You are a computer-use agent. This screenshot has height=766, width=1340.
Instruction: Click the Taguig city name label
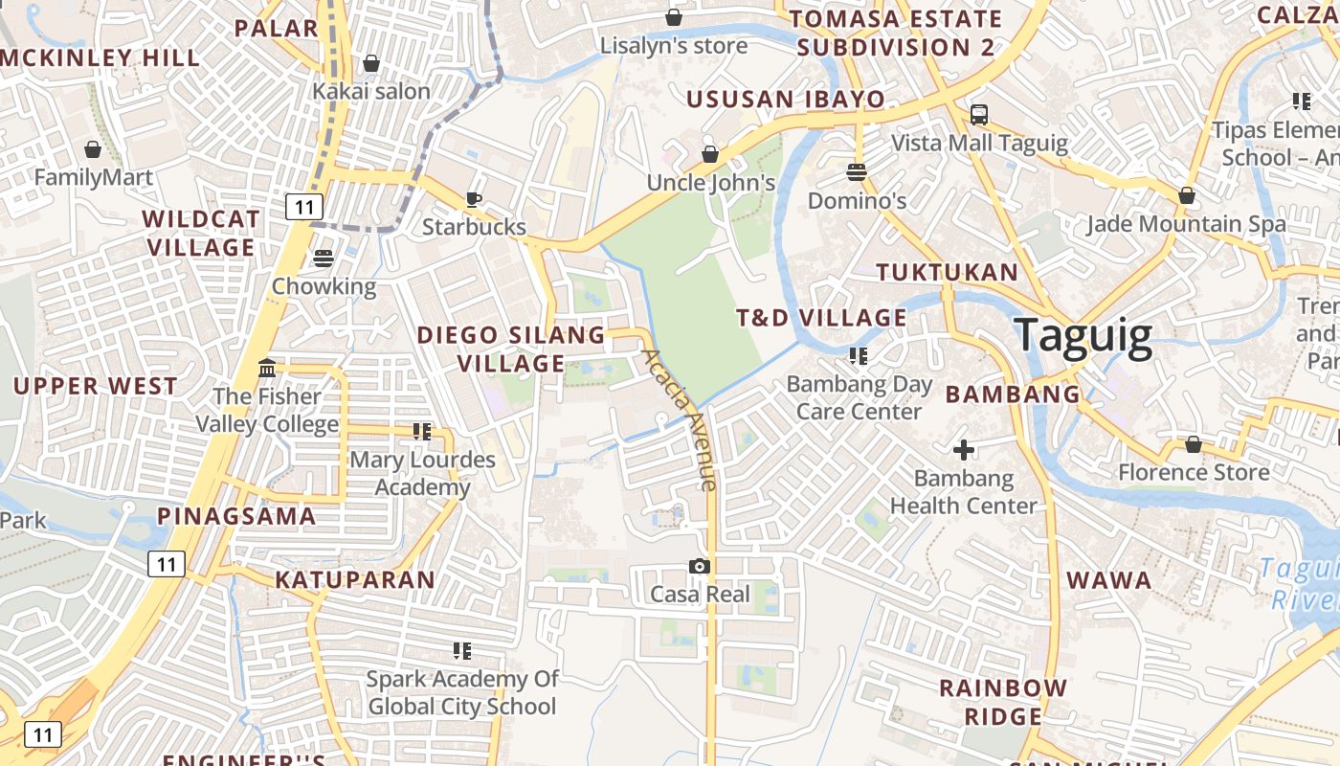[x=1083, y=336]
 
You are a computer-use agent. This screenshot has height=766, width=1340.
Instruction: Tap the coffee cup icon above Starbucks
[x=474, y=199]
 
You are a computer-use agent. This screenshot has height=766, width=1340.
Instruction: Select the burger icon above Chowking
[x=324, y=259]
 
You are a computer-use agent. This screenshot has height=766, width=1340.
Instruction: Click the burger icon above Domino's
[x=857, y=172]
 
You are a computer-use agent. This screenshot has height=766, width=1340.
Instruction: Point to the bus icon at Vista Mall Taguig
[x=979, y=115]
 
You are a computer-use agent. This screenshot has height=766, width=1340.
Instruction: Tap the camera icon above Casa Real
[x=700, y=566]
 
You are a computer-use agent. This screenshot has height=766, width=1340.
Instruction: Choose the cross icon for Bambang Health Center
[x=964, y=449]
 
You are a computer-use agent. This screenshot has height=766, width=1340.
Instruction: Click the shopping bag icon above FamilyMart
[x=93, y=149]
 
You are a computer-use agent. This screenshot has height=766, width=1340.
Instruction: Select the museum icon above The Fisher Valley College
[x=267, y=369]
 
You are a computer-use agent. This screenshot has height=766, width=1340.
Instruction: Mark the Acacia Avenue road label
[x=680, y=419]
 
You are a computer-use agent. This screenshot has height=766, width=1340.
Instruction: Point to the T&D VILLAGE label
[x=821, y=318]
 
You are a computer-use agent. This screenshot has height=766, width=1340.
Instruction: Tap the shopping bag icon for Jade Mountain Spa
[x=1187, y=195]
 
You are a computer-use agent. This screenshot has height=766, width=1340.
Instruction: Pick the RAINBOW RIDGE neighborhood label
[x=1003, y=702]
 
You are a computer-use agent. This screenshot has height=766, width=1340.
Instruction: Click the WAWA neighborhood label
[x=1109, y=580]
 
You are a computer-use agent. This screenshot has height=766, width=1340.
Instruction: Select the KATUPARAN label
[x=355, y=579]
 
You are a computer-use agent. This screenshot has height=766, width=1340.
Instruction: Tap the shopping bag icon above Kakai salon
[x=371, y=63]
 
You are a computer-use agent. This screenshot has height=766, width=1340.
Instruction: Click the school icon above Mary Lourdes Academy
[x=422, y=432]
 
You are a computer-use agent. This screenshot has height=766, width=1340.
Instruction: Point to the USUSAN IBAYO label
[x=786, y=100]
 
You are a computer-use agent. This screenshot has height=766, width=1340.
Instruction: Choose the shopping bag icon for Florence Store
[x=1194, y=444]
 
